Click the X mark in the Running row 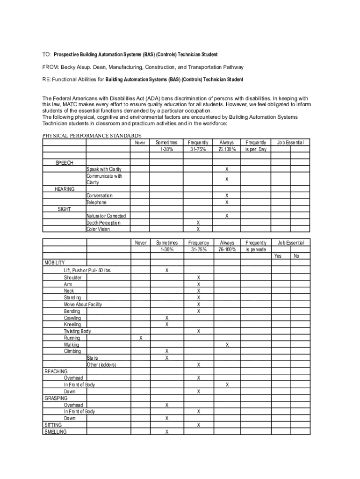tap(140, 338)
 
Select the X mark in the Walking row tap(227, 345)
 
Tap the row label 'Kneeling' tap(72, 325)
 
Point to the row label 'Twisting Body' tap(78, 331)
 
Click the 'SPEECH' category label tap(65, 163)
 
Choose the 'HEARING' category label tap(65, 189)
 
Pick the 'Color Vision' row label tap(98, 229)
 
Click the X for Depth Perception tap(198, 223)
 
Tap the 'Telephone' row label tap(97, 203)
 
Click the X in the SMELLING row tap(167, 432)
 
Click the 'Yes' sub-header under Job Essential tap(278, 256)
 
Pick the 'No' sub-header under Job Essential tap(296, 256)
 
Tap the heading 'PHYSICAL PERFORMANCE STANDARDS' tap(92, 136)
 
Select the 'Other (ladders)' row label tap(101, 365)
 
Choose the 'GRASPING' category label tap(56, 398)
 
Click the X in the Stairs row tap(167, 358)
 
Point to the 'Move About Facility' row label tap(83, 305)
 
